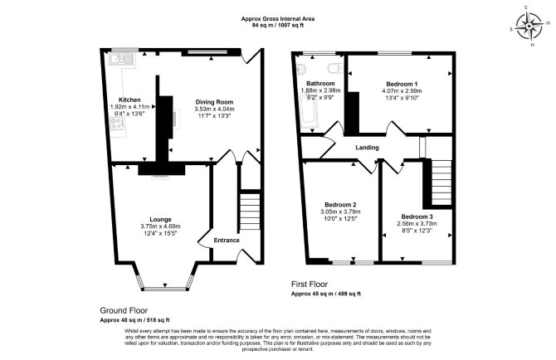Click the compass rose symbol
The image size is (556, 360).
529,27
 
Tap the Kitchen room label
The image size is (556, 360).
129,100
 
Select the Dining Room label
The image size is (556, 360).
215,102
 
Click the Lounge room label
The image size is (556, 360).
160,220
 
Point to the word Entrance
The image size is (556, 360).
227,241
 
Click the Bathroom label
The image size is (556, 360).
320,84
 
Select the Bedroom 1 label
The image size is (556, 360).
402,84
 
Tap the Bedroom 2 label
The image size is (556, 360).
340,205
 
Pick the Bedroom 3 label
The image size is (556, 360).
417,216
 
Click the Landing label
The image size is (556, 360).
368,148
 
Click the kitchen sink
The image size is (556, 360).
122,60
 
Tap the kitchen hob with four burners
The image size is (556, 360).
117,124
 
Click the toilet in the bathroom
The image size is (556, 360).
335,68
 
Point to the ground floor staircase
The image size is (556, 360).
251,212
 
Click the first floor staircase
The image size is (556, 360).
441,182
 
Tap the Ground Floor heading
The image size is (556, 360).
124,311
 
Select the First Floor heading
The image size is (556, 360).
310,285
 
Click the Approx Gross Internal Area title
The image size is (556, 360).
278,19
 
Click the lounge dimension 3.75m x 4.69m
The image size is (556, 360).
160,226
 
